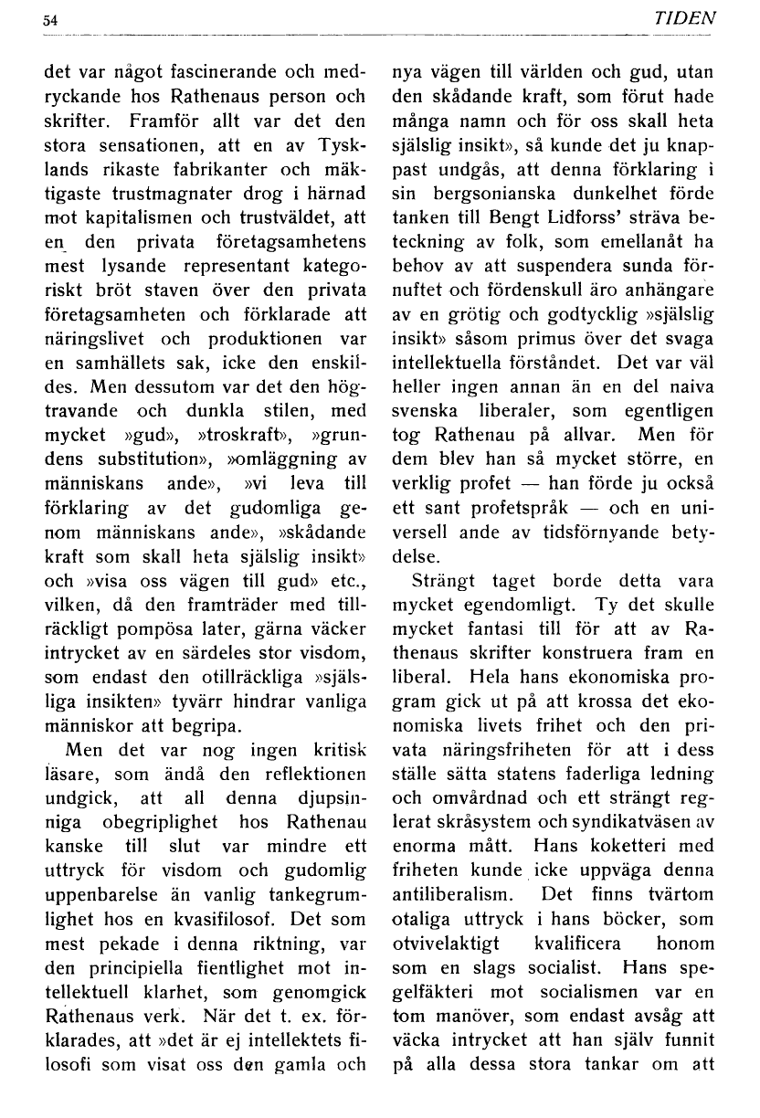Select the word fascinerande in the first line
tap(196, 71)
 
